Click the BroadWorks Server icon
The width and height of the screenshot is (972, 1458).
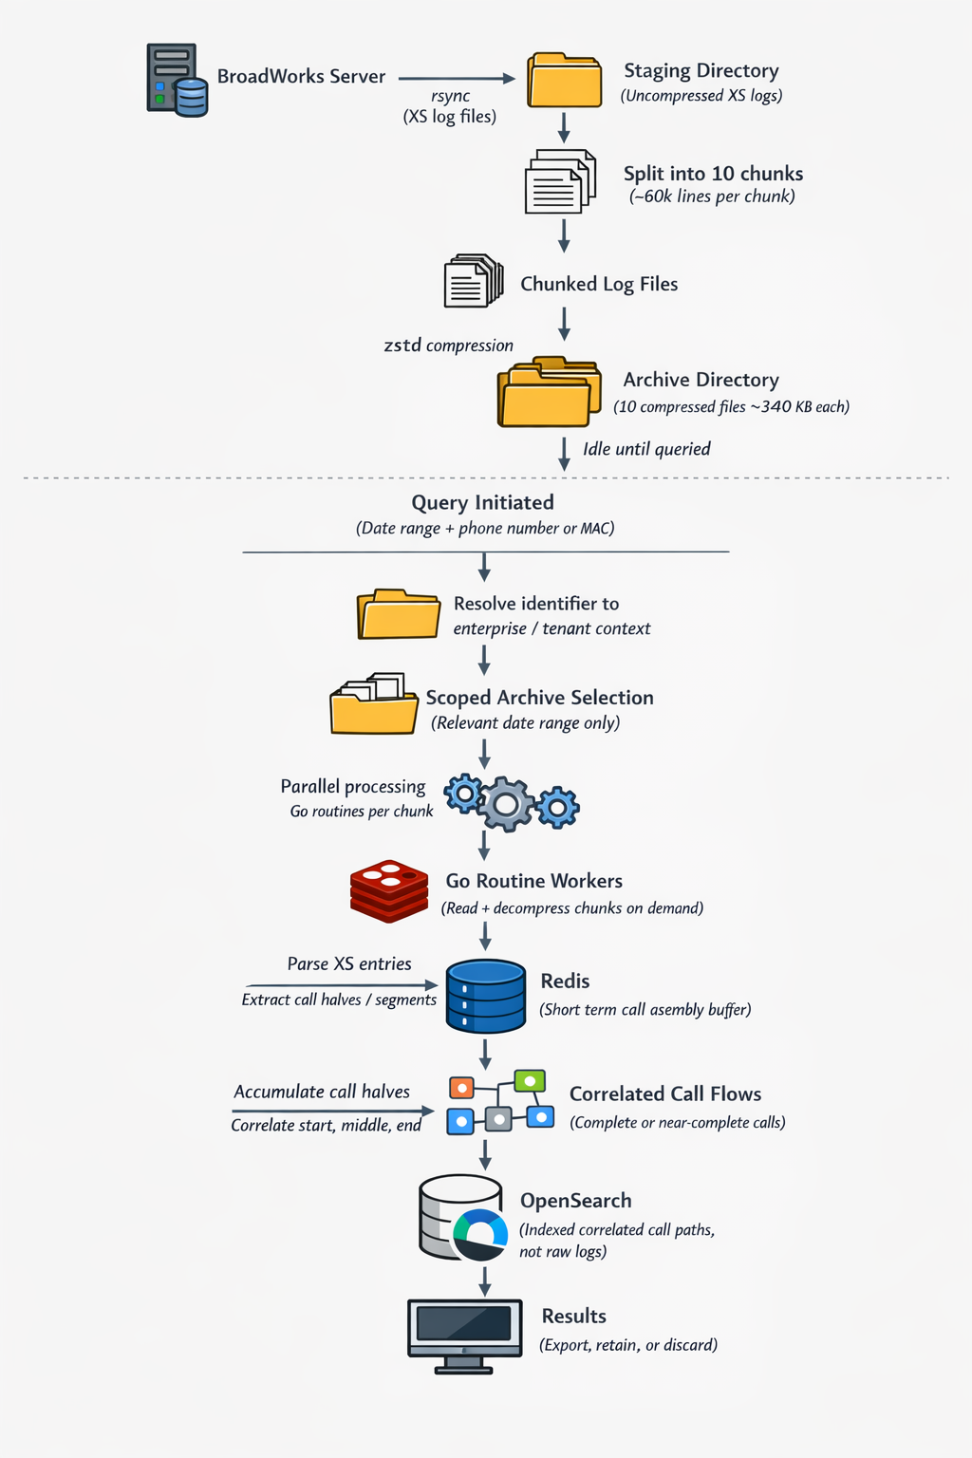pyautogui.click(x=177, y=80)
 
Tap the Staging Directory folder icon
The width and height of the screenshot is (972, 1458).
pyautogui.click(x=565, y=81)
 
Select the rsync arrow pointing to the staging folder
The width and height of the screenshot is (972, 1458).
pyautogui.click(x=456, y=78)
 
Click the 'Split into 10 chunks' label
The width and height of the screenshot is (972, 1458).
pyautogui.click(x=713, y=174)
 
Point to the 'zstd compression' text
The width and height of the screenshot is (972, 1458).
pyautogui.click(x=448, y=346)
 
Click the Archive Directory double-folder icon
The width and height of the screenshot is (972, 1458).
pyautogui.click(x=549, y=392)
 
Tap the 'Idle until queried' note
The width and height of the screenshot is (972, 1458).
pyautogui.click(x=646, y=449)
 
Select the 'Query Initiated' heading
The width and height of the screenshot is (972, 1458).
pyautogui.click(x=482, y=503)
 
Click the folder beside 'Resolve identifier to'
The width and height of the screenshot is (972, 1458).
pyautogui.click(x=398, y=614)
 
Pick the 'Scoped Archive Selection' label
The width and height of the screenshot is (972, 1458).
pyautogui.click(x=539, y=698)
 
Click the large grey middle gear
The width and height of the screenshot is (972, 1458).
pyautogui.click(x=506, y=805)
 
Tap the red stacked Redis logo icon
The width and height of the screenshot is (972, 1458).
pyautogui.click(x=388, y=890)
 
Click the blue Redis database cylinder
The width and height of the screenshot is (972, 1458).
pyautogui.click(x=485, y=996)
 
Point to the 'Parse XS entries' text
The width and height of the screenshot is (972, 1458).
pyautogui.click(x=349, y=964)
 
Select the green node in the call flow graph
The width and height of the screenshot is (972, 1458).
pyautogui.click(x=530, y=1081)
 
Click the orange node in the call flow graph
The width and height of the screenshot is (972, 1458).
pyautogui.click(x=461, y=1088)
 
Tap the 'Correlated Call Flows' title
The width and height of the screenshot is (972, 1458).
pyautogui.click(x=664, y=1094)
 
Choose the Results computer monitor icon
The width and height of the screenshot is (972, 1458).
pyautogui.click(x=465, y=1331)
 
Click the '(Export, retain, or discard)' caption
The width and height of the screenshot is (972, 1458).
pyautogui.click(x=628, y=1345)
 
